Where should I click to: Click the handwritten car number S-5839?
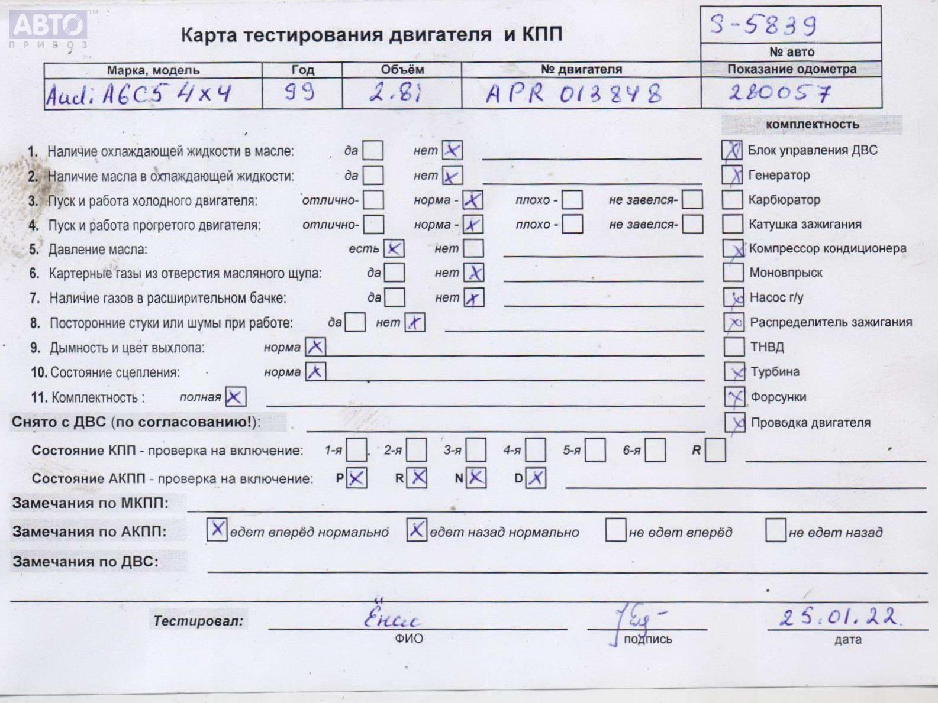[x=763, y=25]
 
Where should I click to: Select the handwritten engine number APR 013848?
[x=573, y=93]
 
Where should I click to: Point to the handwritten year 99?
[x=299, y=92]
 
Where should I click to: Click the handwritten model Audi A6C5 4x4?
[x=138, y=94]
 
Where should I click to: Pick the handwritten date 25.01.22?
[x=840, y=617]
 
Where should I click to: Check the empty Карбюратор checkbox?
[x=732, y=200]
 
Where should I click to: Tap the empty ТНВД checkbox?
[x=734, y=346]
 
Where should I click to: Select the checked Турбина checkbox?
[x=734, y=372]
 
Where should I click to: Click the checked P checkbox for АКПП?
[x=356, y=478]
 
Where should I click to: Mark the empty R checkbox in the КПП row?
[x=715, y=451]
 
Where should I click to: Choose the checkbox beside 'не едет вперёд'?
[x=615, y=530]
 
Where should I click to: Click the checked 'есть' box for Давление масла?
[x=394, y=248]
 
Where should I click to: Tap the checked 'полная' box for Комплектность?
[x=236, y=397]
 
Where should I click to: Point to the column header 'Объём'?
[x=402, y=69]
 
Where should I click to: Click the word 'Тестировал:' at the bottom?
[x=198, y=621]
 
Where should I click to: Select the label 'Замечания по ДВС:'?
[x=85, y=561]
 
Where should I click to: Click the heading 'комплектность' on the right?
[x=811, y=124]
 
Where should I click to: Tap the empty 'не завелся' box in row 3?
[x=692, y=200]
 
